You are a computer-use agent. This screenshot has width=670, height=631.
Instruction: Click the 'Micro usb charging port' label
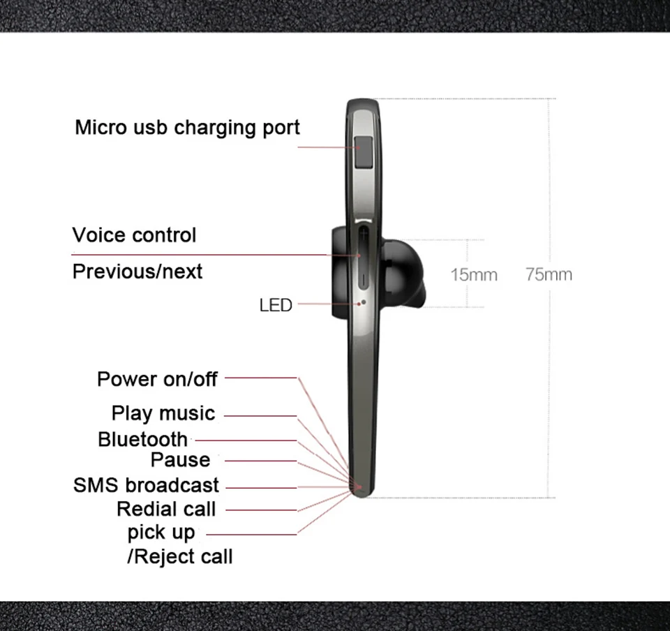[x=187, y=128]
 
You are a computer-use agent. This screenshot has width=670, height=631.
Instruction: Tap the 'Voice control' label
[x=134, y=235]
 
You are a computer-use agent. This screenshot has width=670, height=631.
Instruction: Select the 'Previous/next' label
[x=137, y=271]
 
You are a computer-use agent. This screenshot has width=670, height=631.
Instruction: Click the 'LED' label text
[x=276, y=305]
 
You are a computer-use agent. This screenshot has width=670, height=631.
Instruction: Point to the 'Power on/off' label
[x=157, y=379]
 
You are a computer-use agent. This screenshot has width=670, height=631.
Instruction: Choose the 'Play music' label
[x=163, y=413]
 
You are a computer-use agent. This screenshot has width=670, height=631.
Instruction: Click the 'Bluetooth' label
[x=142, y=440]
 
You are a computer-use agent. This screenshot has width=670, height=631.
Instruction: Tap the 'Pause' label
[x=180, y=460]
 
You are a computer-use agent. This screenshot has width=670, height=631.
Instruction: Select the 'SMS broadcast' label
[x=146, y=485]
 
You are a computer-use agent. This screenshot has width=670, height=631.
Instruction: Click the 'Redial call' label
[x=166, y=510]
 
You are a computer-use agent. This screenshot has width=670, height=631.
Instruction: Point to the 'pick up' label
[x=161, y=533]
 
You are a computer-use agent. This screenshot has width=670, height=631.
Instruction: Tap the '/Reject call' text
[x=179, y=556]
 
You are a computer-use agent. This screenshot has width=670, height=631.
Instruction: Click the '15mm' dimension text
[x=474, y=274]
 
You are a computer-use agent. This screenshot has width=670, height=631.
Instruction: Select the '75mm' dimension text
[x=549, y=274]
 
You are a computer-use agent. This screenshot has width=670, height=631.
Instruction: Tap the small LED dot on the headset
[x=363, y=303]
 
